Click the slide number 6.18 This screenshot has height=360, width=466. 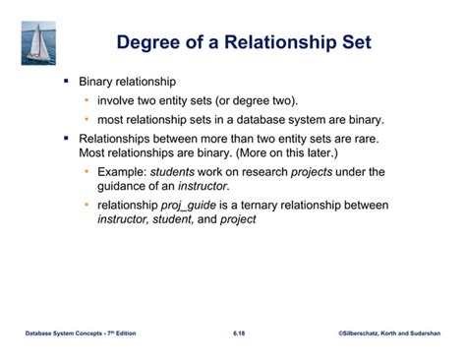point(239,334)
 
